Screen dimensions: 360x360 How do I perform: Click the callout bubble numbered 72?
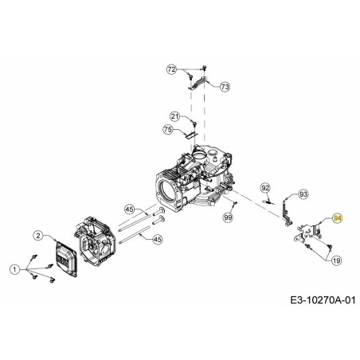[x=171, y=70]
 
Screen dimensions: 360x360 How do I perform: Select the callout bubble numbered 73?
[x=224, y=86]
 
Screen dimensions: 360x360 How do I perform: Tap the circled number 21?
[x=174, y=117]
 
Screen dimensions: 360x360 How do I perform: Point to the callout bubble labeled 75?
[x=167, y=130]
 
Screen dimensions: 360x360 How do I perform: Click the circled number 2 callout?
[x=37, y=234]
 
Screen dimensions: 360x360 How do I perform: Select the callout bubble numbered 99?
[x=228, y=217]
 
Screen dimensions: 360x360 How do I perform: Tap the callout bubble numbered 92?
[x=266, y=188]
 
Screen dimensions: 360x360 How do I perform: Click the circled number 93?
[x=303, y=194]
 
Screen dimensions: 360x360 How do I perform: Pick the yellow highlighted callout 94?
[x=337, y=217]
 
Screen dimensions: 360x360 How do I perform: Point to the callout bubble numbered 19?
[x=336, y=260]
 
